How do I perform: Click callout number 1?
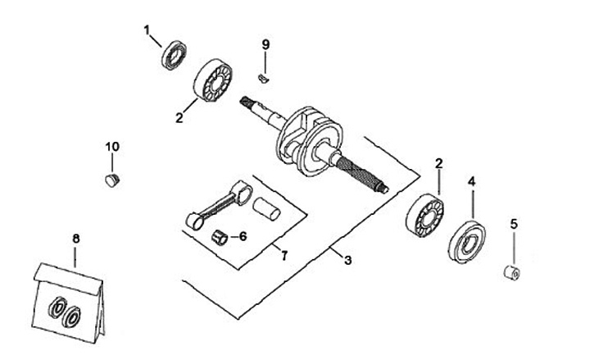pyautogui.click(x=147, y=30)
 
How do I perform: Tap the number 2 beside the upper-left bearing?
pyautogui.click(x=179, y=117)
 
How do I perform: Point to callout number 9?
pyautogui.click(x=265, y=43)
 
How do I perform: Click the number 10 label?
pyautogui.click(x=112, y=146)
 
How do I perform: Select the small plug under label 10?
pyautogui.click(x=113, y=178)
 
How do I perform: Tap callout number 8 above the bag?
pyautogui.click(x=75, y=239)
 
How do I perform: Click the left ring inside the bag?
pyautogui.click(x=59, y=311)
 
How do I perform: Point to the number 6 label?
pyautogui.click(x=243, y=236)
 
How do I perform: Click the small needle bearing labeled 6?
pyautogui.click(x=219, y=238)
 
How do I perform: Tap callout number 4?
pyautogui.click(x=471, y=179)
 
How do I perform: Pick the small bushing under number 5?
pyautogui.click(x=509, y=271)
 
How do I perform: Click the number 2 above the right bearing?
pyautogui.click(x=439, y=163)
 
